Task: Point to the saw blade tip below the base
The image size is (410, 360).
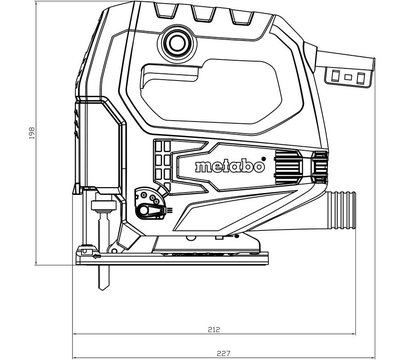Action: point(103,286)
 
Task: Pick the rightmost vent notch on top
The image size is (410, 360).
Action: point(243,17)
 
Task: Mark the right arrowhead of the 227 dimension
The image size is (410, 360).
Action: point(367,350)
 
